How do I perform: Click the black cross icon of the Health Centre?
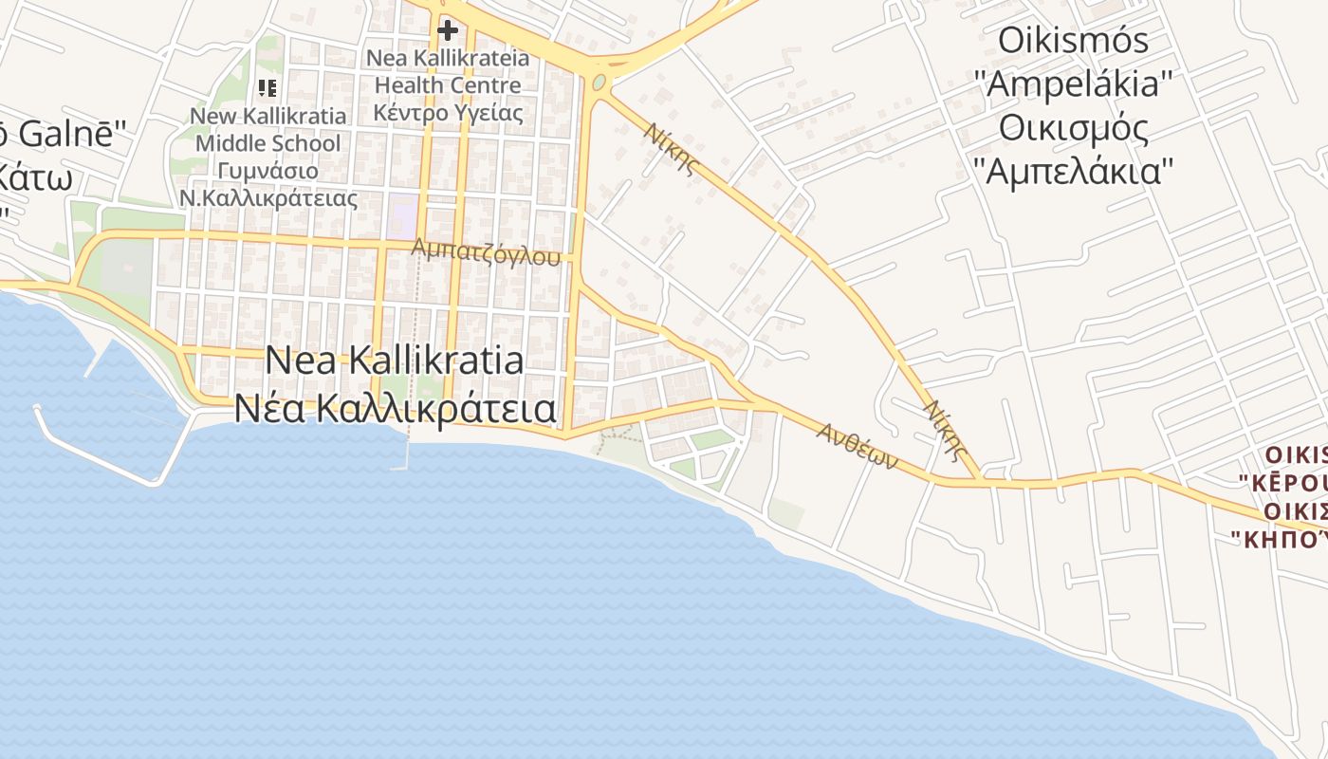tap(447, 30)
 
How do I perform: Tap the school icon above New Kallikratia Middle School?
tap(267, 88)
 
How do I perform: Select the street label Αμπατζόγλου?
tap(486, 251)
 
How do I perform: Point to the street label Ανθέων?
tap(858, 446)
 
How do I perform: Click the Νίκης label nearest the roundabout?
tap(673, 149)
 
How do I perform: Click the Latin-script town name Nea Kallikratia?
tap(394, 361)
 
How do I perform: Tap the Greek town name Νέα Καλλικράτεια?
tap(395, 408)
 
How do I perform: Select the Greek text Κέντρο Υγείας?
tap(448, 113)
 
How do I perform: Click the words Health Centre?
tap(448, 85)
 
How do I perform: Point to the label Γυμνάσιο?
tap(267, 172)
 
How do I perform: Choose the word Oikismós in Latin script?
tap(1074, 41)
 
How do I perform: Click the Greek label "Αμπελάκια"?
tap(1074, 172)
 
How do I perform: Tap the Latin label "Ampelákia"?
tap(1074, 84)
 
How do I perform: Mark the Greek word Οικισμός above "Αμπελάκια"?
tap(1074, 128)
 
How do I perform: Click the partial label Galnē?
tap(71, 134)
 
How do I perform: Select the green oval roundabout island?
tap(599, 83)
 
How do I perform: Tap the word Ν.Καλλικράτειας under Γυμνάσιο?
tap(268, 199)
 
